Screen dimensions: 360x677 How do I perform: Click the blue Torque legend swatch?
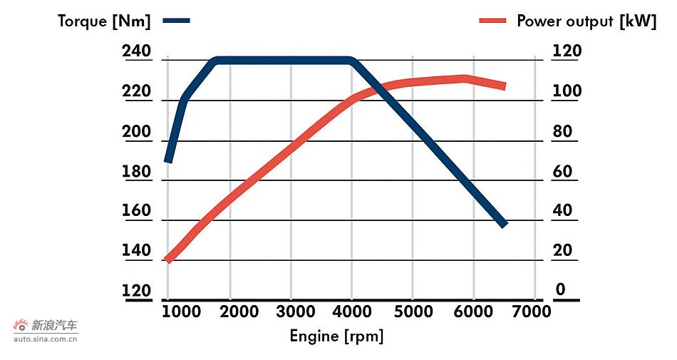(x=177, y=21)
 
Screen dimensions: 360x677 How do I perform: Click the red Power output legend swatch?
(x=493, y=21)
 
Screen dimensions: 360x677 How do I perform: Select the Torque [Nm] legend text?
(x=105, y=21)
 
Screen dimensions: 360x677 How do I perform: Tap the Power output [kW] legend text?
(x=586, y=21)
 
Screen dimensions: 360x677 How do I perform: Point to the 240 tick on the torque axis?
(x=137, y=52)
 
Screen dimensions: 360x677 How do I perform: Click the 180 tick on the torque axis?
(x=137, y=172)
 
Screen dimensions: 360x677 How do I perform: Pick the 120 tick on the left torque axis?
(x=137, y=291)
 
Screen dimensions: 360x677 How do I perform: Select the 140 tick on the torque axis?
(x=137, y=251)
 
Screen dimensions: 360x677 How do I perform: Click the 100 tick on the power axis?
(x=567, y=91)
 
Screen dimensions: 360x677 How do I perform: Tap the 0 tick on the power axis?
(x=561, y=289)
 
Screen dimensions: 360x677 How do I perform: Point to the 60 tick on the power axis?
(x=563, y=171)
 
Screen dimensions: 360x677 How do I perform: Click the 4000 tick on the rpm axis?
(x=352, y=312)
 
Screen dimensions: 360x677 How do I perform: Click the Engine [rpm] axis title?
(x=336, y=336)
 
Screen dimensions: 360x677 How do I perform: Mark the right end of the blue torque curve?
(x=503, y=224)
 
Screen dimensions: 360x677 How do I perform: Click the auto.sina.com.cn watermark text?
(x=46, y=339)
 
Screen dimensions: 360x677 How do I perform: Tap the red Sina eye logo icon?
(x=21, y=325)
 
